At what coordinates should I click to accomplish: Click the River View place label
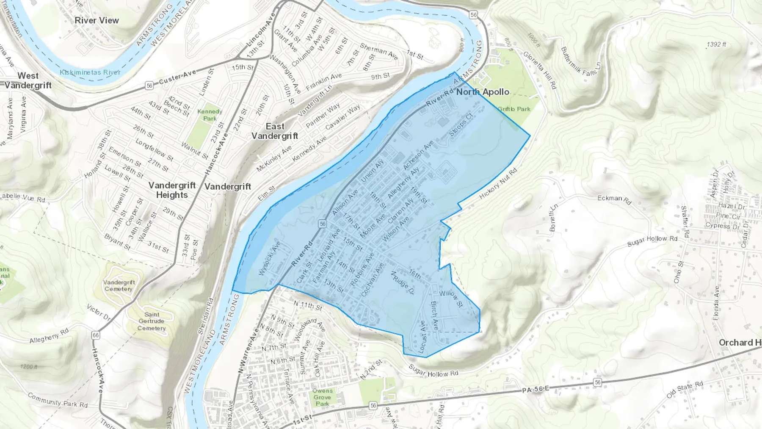tap(97, 20)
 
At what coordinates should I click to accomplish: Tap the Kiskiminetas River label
tap(90, 72)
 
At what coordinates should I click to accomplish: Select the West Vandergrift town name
tap(28, 80)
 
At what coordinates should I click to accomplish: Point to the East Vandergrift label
tap(275, 131)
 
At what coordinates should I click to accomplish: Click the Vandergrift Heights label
tap(172, 190)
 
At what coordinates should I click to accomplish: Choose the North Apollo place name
tap(483, 92)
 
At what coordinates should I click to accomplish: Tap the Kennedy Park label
tap(210, 115)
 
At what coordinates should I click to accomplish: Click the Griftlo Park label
tap(514, 109)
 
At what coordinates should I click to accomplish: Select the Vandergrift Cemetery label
tap(119, 285)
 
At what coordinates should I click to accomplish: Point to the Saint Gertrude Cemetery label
tap(152, 321)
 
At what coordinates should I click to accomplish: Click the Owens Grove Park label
tap(323, 397)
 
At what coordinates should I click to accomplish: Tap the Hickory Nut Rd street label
tap(498, 184)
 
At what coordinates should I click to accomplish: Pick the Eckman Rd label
tap(614, 199)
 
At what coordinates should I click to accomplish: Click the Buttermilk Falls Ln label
tap(580, 62)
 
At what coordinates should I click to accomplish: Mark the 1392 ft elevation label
tap(716, 44)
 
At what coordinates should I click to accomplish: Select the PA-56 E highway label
tap(536, 389)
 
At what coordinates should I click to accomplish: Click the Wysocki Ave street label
tap(270, 258)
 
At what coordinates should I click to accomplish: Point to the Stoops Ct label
tap(461, 125)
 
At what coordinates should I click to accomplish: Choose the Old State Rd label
tap(685, 390)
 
